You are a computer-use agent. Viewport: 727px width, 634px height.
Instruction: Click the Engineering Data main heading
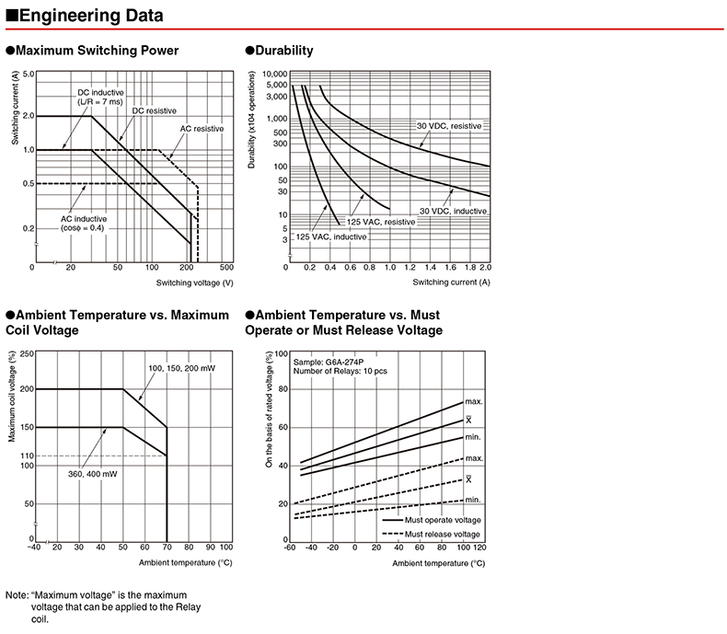90,16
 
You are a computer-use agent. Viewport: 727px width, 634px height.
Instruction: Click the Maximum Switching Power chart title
97,51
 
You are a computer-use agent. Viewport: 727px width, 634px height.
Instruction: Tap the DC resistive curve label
154,110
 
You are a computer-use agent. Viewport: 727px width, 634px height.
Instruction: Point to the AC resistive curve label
202,129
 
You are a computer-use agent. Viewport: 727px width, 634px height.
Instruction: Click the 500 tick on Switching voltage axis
226,267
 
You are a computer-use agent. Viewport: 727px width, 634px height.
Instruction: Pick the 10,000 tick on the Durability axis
275,74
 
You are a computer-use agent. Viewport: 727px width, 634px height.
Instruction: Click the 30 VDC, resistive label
449,125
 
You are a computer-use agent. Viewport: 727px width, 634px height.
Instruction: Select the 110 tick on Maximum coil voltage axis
26,456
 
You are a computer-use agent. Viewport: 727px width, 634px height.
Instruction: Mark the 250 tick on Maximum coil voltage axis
26,353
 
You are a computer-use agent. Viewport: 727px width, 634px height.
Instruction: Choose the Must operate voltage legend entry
442,520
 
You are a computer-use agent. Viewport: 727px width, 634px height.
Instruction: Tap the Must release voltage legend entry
442,534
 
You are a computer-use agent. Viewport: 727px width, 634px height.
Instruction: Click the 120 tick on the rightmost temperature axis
479,548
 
